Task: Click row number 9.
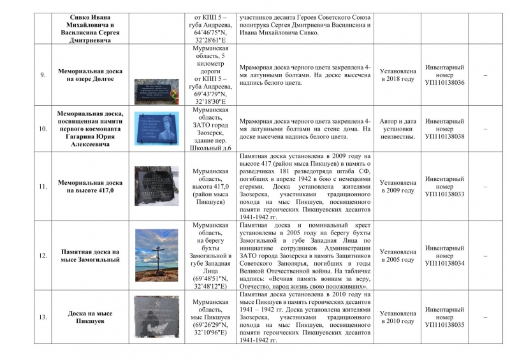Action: pos(43,75)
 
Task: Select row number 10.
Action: pos(43,128)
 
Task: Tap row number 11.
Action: pos(43,186)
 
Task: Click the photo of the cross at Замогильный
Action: pos(157,255)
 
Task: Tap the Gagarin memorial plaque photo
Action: pos(157,129)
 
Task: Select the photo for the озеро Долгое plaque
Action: pos(157,90)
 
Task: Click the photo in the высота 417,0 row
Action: pos(157,185)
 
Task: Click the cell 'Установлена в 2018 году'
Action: pos(398,75)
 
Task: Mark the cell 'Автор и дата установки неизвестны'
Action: pos(398,128)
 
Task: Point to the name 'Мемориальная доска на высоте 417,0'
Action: pos(90,186)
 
